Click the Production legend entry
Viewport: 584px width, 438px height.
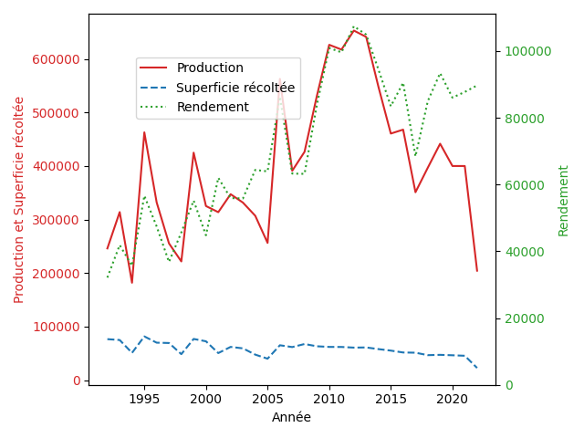[x=210, y=68]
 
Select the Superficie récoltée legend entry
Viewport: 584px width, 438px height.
[x=235, y=88]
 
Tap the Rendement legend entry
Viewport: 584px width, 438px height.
[x=213, y=107]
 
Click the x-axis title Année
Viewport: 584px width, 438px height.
[x=291, y=417]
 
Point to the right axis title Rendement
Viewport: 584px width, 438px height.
[x=563, y=200]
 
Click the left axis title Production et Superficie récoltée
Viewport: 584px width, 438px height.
[x=19, y=200]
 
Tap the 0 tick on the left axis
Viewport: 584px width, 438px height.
[x=77, y=381]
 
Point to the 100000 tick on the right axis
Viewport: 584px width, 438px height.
[x=526, y=51]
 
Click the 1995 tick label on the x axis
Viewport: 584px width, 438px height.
[x=144, y=399]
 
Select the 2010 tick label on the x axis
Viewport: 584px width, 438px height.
[x=329, y=399]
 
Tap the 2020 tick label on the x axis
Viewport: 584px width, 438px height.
[x=453, y=399]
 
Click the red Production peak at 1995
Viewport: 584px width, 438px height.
[x=144, y=132]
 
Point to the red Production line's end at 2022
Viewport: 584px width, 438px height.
[x=477, y=270]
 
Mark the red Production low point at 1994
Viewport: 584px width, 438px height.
[x=131, y=283]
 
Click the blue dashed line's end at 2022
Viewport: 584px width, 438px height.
[x=477, y=368]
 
